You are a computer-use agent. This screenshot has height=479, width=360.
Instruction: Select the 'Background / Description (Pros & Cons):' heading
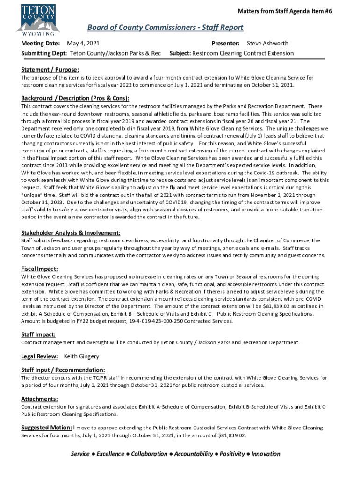coord(75,98)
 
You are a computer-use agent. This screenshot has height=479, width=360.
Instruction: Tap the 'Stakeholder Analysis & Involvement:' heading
coord(71,232)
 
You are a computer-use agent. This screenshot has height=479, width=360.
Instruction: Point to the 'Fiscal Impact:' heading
coord(39,269)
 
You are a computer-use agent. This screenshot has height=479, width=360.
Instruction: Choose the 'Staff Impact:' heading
coord(38,334)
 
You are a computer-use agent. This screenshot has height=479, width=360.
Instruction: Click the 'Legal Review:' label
coord(40,356)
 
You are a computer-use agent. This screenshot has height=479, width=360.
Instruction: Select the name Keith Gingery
coord(81,356)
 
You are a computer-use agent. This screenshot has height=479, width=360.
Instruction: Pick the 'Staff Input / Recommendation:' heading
coord(63,370)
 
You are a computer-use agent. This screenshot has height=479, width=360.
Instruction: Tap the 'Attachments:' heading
coord(39,399)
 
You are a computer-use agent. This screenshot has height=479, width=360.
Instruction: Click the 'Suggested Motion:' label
coord(46,428)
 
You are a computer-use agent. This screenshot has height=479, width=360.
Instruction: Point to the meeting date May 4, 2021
coord(84,44)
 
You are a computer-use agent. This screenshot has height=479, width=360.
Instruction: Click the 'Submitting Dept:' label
coord(45,53)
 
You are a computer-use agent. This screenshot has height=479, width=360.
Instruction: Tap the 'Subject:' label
coord(180,53)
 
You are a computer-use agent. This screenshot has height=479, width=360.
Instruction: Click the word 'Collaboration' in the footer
coord(149,454)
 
